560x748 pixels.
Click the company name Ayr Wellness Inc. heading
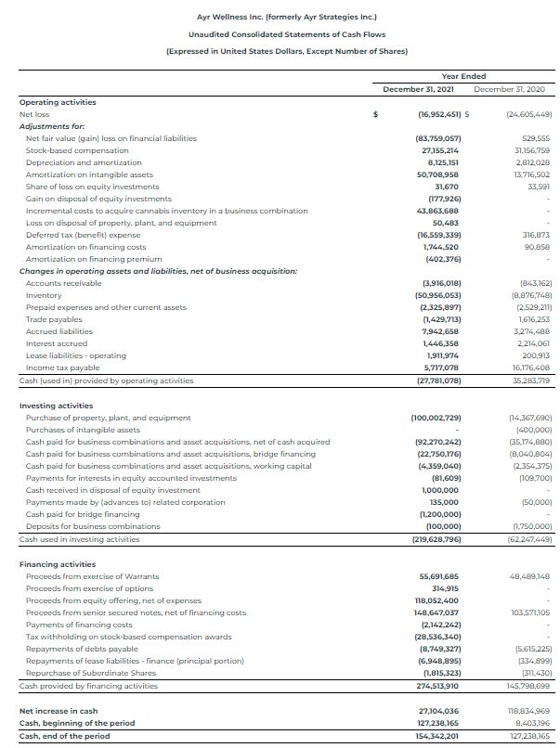tap(280, 17)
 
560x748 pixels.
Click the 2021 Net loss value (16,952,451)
tap(434, 114)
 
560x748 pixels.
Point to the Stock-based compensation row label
tap(78, 150)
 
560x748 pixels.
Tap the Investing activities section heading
tap(57, 406)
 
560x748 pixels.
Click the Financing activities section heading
tap(58, 564)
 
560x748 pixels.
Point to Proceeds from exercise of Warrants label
tap(88, 576)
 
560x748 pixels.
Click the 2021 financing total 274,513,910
tap(435, 686)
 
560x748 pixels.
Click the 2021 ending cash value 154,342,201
tap(435, 734)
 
